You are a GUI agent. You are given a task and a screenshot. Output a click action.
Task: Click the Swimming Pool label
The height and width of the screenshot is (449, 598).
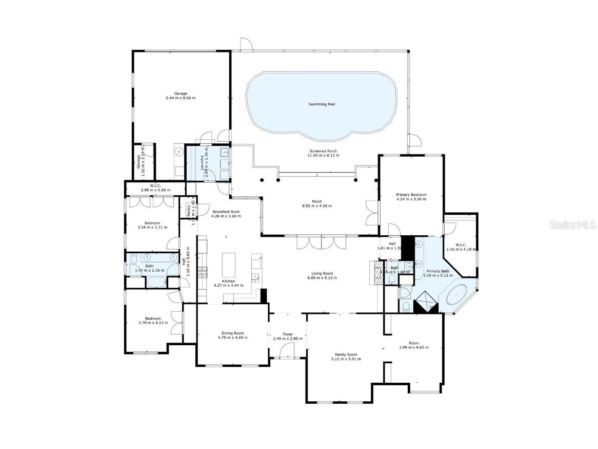tap(322, 104)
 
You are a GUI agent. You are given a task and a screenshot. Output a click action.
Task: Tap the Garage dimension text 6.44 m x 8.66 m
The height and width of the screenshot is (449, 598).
tap(180, 98)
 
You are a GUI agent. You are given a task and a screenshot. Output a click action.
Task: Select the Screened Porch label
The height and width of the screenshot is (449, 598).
tap(323, 151)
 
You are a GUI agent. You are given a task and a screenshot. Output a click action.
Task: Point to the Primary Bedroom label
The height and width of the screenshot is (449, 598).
tap(411, 195)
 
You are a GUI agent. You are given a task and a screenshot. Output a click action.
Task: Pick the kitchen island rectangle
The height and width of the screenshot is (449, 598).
tap(228, 265)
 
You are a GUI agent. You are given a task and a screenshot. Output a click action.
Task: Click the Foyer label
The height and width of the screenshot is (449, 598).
tap(288, 334)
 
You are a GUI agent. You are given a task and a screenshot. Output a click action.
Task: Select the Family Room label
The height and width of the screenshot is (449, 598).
tap(346, 354)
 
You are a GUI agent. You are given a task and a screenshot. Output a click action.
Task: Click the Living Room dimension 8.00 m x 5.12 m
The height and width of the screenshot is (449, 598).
tap(323, 278)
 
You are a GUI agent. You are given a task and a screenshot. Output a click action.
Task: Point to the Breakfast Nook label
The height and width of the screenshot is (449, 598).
tap(226, 212)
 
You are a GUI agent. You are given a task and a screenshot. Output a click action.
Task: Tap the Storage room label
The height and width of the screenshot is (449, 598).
tap(138, 161)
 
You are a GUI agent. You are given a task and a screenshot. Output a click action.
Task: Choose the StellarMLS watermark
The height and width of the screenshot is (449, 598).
tap(572, 225)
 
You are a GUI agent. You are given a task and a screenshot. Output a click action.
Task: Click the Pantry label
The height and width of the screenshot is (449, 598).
tap(188, 211)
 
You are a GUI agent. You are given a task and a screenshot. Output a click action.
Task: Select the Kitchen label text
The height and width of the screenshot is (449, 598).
tap(228, 281)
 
